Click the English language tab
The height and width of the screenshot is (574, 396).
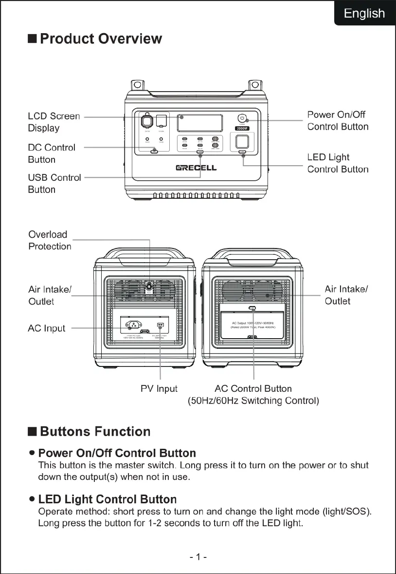click(364, 13)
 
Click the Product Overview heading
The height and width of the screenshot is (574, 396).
click(100, 39)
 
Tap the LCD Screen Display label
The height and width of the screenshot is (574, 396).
click(54, 122)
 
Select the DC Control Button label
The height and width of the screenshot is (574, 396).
click(51, 153)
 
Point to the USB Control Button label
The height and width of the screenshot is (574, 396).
click(54, 183)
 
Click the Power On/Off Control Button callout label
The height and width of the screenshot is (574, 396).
click(338, 120)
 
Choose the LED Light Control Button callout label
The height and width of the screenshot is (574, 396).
click(338, 163)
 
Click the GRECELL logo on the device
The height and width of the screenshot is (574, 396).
click(196, 168)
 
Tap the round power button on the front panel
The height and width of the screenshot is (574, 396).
click(242, 118)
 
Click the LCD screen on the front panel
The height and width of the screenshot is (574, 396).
click(200, 122)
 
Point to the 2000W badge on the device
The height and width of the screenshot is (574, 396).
click(242, 129)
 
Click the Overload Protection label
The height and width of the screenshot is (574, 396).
click(50, 240)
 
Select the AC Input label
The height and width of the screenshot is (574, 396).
click(46, 328)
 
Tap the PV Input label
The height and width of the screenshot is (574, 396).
click(159, 388)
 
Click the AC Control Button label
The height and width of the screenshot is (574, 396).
click(253, 388)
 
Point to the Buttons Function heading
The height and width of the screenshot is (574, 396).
click(95, 432)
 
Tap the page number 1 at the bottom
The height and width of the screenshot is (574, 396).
click(198, 556)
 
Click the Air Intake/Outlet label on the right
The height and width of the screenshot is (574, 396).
click(346, 295)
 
